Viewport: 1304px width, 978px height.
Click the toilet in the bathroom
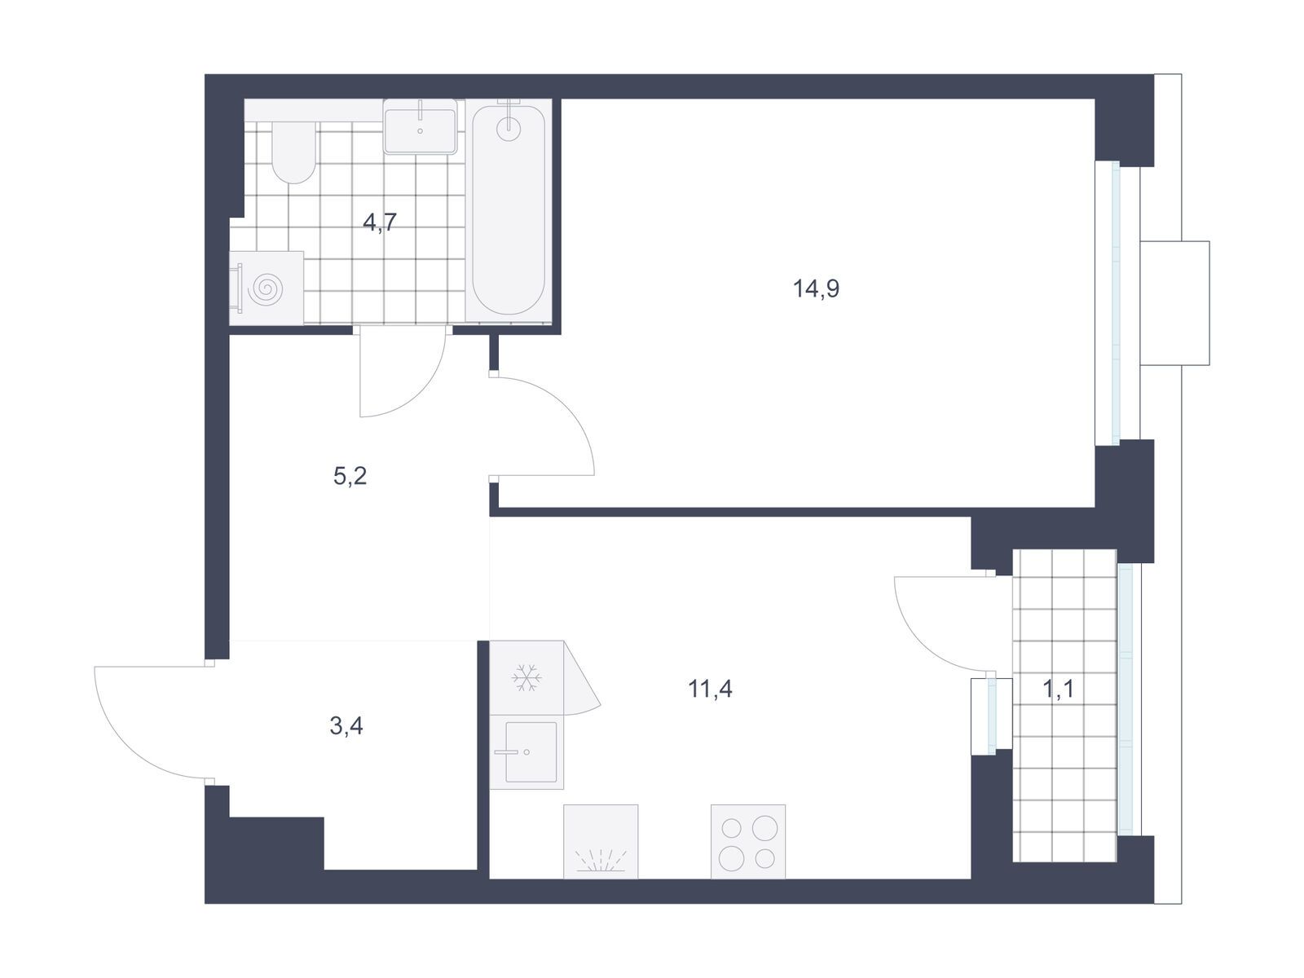(x=293, y=152)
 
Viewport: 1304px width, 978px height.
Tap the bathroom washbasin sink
(x=420, y=126)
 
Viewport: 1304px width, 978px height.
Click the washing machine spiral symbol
(x=266, y=289)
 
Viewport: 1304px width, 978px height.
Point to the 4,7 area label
(x=380, y=222)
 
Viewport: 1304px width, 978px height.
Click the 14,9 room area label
(x=816, y=289)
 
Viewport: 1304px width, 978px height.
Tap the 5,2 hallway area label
(x=350, y=476)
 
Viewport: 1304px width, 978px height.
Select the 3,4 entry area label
(x=346, y=725)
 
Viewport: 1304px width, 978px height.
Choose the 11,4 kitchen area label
(x=710, y=689)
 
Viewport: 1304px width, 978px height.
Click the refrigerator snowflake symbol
(x=526, y=677)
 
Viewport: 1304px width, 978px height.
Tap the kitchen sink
(x=527, y=751)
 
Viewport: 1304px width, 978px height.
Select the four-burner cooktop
(x=748, y=841)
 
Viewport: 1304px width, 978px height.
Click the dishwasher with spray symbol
(x=601, y=841)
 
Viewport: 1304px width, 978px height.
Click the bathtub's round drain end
(x=509, y=128)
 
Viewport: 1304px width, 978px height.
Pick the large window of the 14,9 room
(x=1116, y=303)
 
